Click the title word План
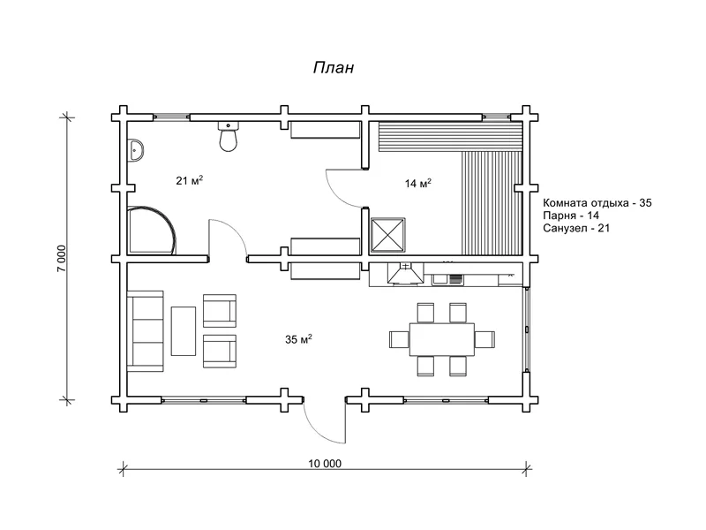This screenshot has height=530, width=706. coord(334,68)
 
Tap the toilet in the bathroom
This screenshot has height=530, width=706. coord(229,136)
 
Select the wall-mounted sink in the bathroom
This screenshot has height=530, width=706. coord(136,150)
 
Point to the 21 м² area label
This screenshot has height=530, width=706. coord(190,181)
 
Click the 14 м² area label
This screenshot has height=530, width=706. coord(418,184)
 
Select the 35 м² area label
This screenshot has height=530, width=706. coord(298,339)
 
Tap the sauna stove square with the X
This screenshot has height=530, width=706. coord(387,236)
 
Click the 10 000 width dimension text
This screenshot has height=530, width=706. coord(325,463)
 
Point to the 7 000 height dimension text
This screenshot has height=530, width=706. coord(61,258)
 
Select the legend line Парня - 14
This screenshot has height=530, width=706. coord(571,216)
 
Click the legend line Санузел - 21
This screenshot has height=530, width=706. coord(576,228)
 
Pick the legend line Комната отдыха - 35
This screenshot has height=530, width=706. coord(597,203)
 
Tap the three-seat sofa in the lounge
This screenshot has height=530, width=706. coord(146,331)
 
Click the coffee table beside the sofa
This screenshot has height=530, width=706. coord(184,331)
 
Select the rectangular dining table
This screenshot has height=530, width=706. coord(442,339)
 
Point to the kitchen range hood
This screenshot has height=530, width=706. coord(405,275)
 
